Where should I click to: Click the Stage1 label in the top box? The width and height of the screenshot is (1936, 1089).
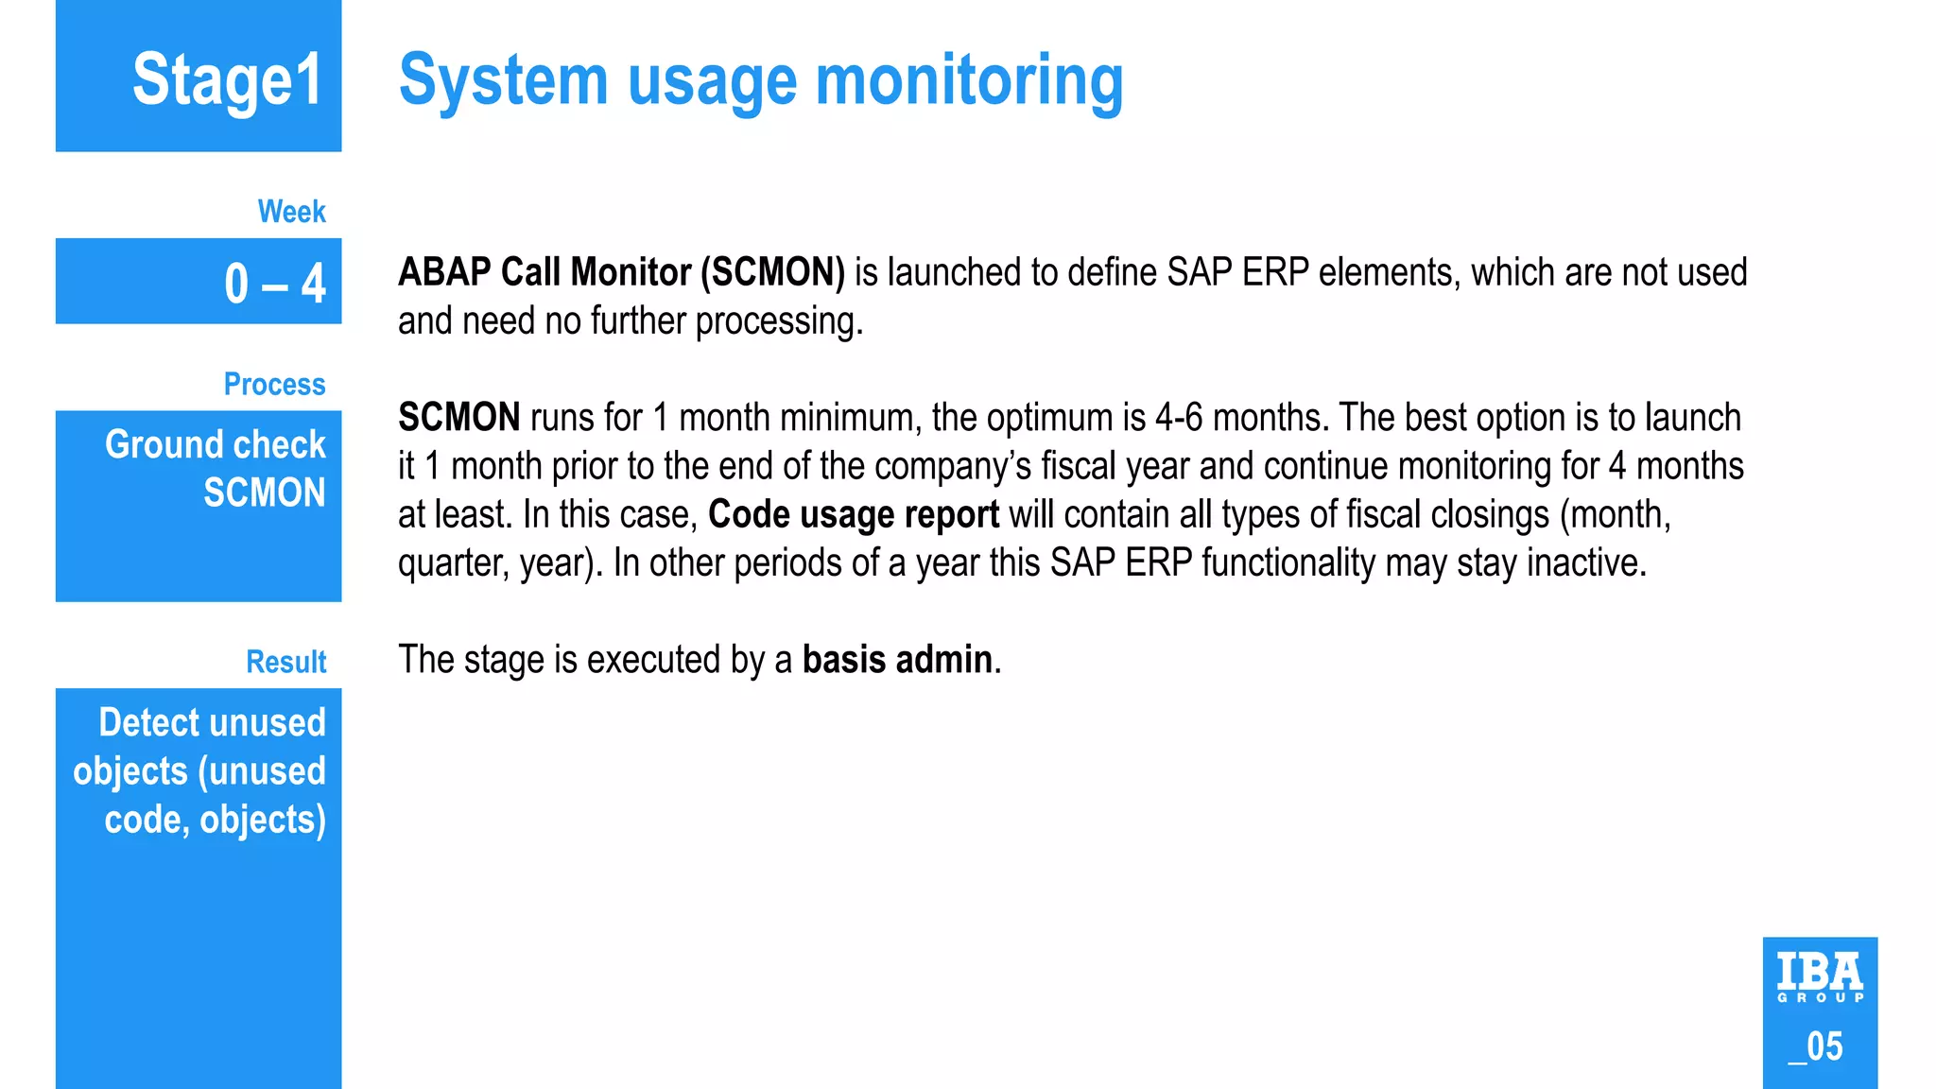click(x=227, y=80)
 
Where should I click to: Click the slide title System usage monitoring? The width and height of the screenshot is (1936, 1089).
click(x=761, y=82)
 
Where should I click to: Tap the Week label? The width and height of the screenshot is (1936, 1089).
click(x=291, y=211)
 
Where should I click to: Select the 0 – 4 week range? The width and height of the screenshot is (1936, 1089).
click(x=274, y=283)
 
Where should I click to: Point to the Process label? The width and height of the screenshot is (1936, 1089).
click(x=274, y=384)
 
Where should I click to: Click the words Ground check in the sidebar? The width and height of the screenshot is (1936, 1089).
click(x=216, y=444)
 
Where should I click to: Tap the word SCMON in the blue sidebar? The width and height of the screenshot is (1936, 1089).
click(x=265, y=493)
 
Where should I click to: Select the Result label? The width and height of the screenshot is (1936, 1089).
click(x=285, y=662)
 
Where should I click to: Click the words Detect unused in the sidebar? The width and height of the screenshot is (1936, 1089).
click(x=213, y=722)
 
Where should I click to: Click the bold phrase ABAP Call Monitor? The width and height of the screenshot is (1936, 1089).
click(x=544, y=272)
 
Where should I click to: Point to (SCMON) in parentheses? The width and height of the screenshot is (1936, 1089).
click(x=772, y=272)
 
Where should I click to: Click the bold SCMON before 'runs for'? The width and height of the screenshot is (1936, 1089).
click(x=458, y=417)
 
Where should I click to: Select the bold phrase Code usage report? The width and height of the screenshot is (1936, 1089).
click(x=853, y=514)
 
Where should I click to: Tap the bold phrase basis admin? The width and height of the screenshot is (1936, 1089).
click(x=897, y=659)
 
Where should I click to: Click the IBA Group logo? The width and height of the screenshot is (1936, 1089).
click(x=1820, y=977)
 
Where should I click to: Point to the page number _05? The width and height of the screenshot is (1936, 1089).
click(x=1816, y=1046)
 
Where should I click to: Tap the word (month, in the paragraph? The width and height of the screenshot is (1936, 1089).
click(x=1616, y=514)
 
